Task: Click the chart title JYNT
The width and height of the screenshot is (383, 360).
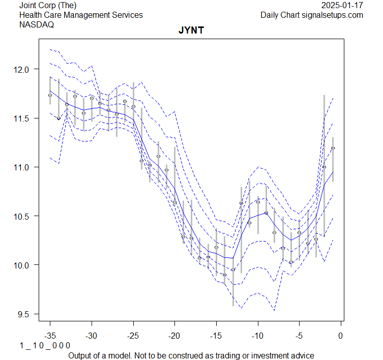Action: point(191,31)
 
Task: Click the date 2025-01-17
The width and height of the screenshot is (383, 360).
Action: point(343,6)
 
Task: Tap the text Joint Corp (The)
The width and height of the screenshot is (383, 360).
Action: point(48,6)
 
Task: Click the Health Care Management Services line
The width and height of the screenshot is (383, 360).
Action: point(81,15)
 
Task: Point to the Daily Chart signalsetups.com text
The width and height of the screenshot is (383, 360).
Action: point(312,15)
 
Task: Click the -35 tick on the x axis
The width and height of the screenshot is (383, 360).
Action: point(50,335)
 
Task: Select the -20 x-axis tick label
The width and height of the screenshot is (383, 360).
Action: point(174,335)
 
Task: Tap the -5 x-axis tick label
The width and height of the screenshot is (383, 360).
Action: point(299,335)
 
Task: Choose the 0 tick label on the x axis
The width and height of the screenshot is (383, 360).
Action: point(341,335)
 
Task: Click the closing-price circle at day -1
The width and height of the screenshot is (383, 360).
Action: point(333,148)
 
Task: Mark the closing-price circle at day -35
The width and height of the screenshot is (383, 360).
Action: point(50,95)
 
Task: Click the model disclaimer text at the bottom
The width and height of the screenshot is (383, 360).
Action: point(191,355)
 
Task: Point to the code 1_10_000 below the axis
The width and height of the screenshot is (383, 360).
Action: point(45,345)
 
